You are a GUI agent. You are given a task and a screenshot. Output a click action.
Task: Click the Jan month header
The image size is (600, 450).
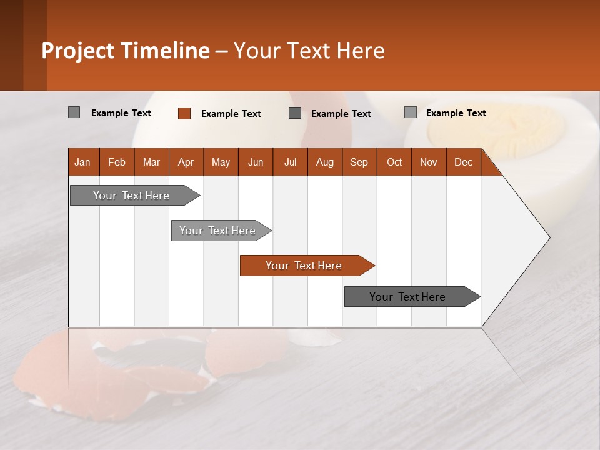point(83,162)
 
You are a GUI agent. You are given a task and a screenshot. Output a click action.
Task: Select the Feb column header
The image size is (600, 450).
point(117,162)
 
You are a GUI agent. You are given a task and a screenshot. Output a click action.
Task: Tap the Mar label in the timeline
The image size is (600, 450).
point(151,162)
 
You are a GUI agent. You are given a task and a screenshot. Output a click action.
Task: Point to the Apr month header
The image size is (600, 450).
point(186,162)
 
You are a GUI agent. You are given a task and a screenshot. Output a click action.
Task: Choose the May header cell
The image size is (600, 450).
point(221,162)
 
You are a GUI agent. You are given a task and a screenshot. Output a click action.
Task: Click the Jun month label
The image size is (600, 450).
point(256,162)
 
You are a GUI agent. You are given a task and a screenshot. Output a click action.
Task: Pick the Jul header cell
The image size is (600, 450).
point(290,162)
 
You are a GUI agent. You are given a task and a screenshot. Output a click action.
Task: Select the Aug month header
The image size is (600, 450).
point(325,162)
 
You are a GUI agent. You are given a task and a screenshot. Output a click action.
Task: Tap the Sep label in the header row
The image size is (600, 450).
point(359,162)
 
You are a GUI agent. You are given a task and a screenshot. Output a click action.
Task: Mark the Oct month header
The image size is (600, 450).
point(394,162)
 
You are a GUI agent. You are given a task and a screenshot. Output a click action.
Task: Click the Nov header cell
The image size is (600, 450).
point(429,162)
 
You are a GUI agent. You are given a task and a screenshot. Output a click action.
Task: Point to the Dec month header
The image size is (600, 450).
point(464,162)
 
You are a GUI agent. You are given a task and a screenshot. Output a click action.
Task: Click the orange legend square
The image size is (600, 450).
point(184,113)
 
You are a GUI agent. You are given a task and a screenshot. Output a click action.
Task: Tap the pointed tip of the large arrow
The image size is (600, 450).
point(548,237)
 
